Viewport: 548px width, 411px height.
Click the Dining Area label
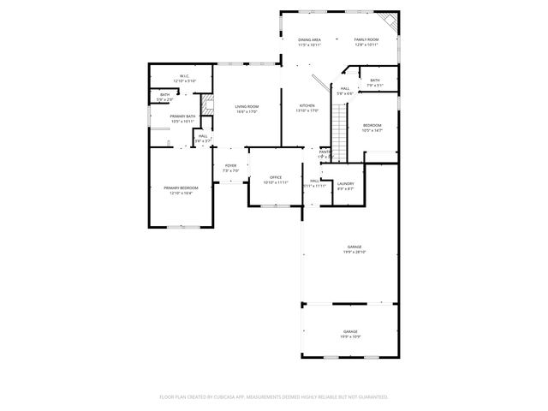tap(309, 39)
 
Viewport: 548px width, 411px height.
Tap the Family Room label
tap(366, 39)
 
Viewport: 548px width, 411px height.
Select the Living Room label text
tap(247, 106)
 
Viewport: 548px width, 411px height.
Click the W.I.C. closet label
tap(184, 76)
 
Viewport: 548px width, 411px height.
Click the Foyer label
tap(230, 165)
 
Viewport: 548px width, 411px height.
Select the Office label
tap(276, 177)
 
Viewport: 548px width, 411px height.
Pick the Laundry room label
tap(346, 183)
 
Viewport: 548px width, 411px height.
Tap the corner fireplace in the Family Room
tap(390, 21)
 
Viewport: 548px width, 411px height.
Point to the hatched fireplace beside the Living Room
tap(206, 110)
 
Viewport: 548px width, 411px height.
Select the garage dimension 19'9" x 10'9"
tap(351, 337)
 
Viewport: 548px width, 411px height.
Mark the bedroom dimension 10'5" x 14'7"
tap(372, 130)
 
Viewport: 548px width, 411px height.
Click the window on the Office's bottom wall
tap(274, 205)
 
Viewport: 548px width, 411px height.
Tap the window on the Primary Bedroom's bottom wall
tap(181, 226)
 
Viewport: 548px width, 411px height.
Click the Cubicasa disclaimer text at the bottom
tap(274, 396)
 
